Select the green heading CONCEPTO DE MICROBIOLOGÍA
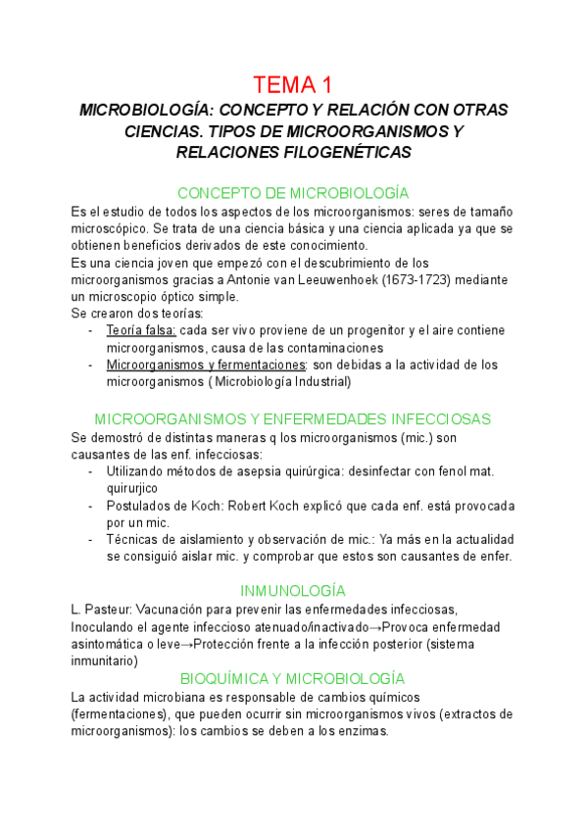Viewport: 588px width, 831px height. point(293,193)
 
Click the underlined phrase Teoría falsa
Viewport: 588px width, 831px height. point(141,330)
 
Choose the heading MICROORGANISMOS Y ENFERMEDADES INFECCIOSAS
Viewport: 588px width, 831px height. point(293,418)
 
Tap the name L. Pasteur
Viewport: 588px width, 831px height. point(102,610)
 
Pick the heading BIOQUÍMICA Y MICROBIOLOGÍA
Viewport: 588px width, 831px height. point(293,678)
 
